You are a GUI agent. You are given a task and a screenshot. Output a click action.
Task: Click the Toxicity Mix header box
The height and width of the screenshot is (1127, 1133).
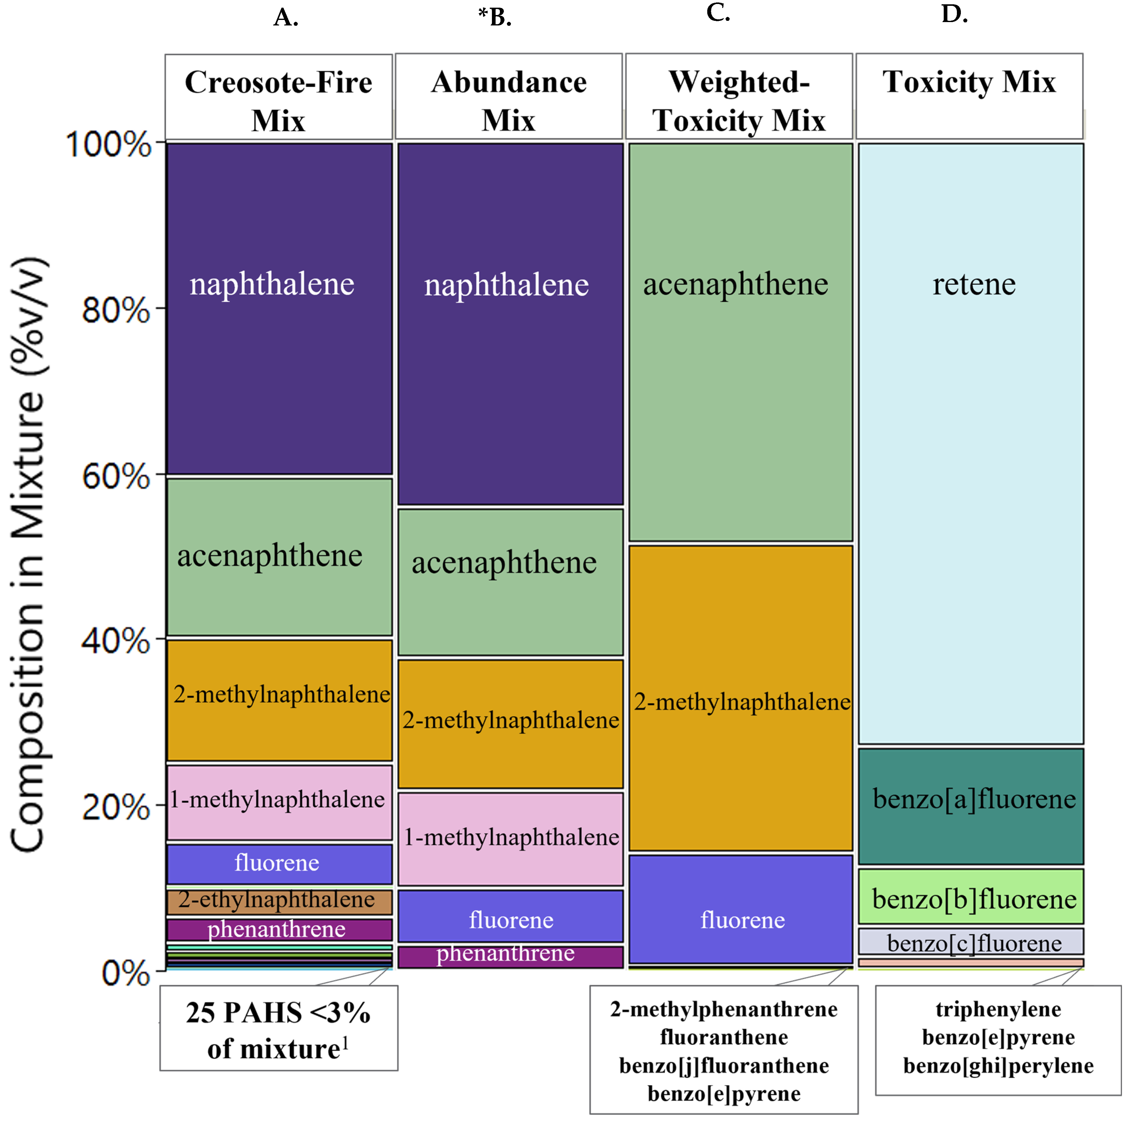point(969,97)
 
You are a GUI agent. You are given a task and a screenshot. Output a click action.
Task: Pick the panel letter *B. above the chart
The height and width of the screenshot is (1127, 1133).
point(494,17)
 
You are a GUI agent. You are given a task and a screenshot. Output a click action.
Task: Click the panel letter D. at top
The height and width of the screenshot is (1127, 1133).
point(954,14)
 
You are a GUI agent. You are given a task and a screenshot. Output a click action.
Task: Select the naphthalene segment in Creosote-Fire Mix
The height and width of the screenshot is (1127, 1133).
point(279,308)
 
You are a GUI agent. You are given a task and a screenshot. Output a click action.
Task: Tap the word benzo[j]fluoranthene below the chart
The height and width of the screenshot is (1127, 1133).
point(724,1065)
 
